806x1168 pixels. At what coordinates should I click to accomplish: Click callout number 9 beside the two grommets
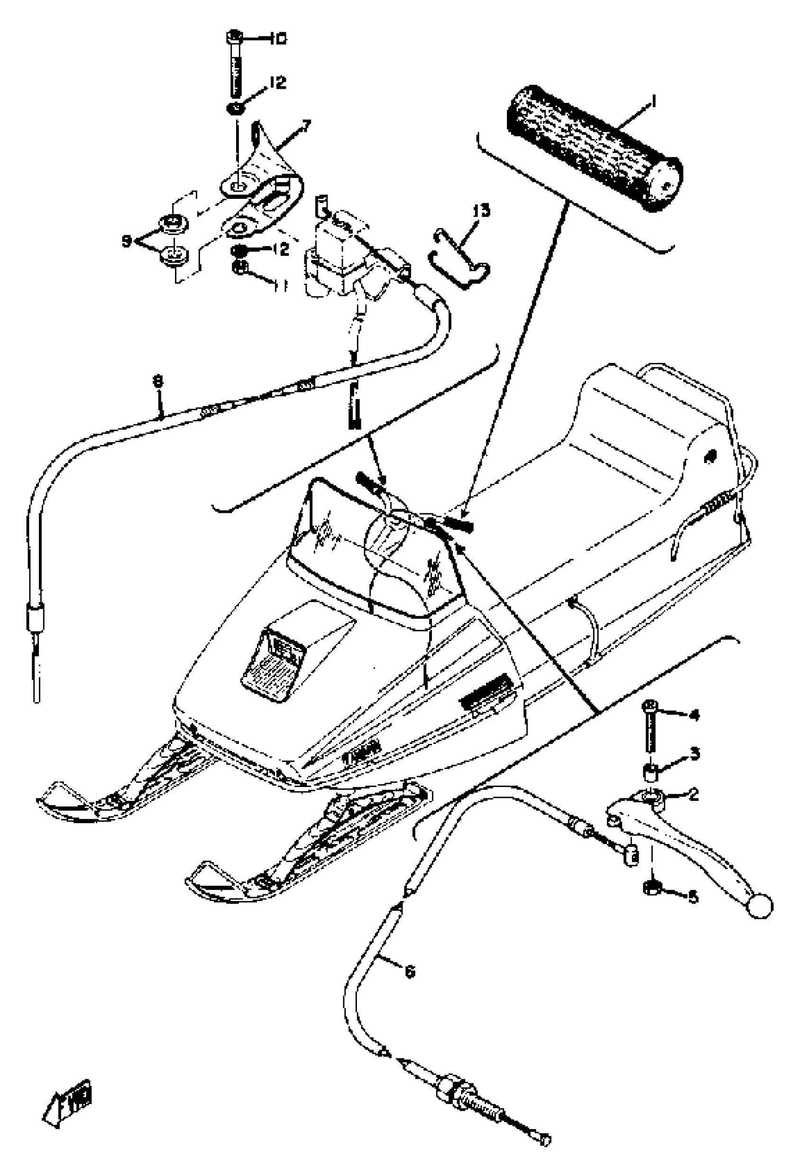click(126, 241)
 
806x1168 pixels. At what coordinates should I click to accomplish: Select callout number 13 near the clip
click(481, 210)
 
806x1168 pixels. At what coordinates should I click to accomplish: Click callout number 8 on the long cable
click(158, 382)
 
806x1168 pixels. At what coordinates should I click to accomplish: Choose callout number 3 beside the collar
click(695, 754)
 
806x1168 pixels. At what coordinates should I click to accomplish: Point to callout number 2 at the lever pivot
click(693, 795)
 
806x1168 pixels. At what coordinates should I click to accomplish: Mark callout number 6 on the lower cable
click(410, 971)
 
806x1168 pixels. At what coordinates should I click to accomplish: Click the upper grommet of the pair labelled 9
click(173, 223)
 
